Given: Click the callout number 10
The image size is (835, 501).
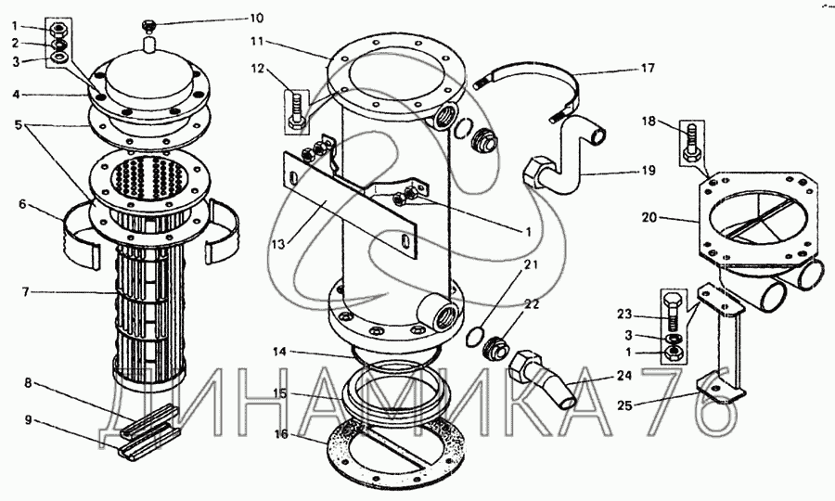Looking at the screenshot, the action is (x=256, y=19).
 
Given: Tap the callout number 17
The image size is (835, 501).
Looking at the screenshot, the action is (x=648, y=68).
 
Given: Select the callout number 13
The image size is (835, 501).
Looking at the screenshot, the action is (x=278, y=244).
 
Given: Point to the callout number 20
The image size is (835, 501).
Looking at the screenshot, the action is (x=649, y=217).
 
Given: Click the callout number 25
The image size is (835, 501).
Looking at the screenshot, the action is (x=625, y=405).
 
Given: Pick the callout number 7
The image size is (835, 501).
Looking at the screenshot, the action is (x=25, y=291).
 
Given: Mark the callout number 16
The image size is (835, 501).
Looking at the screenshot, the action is (x=280, y=434).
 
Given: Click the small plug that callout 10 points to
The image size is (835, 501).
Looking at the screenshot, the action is (x=148, y=25).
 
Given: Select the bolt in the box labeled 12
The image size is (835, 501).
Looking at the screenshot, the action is (x=297, y=110).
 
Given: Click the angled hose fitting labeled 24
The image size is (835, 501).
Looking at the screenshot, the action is (x=542, y=379).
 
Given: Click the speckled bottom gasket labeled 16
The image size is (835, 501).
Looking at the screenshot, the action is (x=397, y=447).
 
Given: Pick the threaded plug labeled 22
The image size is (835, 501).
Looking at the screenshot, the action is (x=496, y=347).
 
